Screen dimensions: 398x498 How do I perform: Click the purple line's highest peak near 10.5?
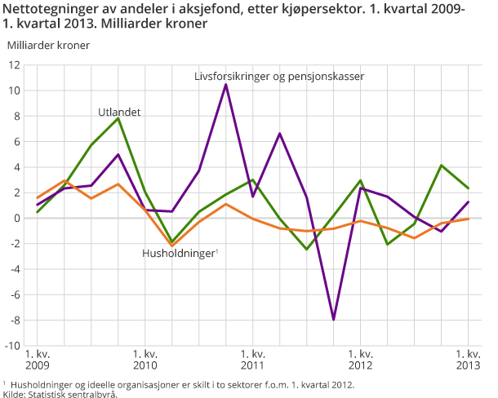tap(226, 85)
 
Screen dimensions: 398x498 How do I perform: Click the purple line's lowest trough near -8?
tap(333, 319)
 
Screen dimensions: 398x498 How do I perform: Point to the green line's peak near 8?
tap(118, 118)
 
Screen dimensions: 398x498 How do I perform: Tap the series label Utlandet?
tap(120, 111)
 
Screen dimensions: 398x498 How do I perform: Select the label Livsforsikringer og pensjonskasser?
tap(278, 76)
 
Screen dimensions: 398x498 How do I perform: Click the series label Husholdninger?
tap(179, 254)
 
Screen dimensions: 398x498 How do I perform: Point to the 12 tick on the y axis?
tap(15, 65)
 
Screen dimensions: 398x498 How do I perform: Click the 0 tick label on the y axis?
tap(17, 218)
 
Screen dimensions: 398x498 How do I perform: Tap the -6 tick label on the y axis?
tap(15, 294)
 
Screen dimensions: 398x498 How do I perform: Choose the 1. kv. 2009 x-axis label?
tap(38, 360)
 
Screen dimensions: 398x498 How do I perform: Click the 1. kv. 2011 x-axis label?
tap(252, 360)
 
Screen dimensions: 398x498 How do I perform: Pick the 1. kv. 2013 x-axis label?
tap(468, 360)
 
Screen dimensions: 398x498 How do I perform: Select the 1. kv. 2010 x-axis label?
tap(145, 360)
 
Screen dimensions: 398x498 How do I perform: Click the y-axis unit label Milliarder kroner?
tap(48, 44)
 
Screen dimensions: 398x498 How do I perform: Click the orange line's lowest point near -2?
tap(172, 245)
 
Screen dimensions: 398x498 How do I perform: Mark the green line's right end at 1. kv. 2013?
tap(468, 188)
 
